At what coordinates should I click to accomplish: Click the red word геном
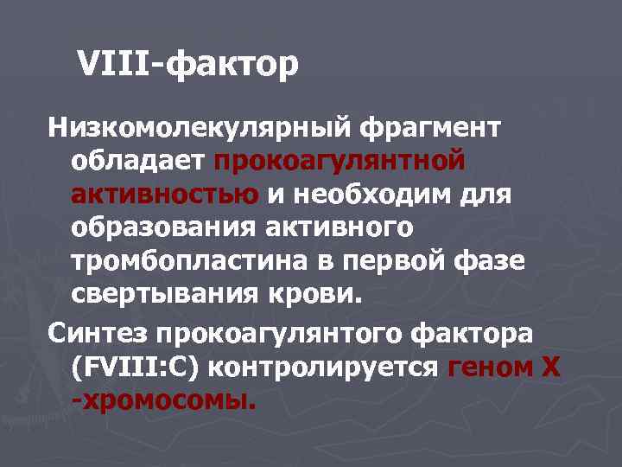(490, 367)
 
